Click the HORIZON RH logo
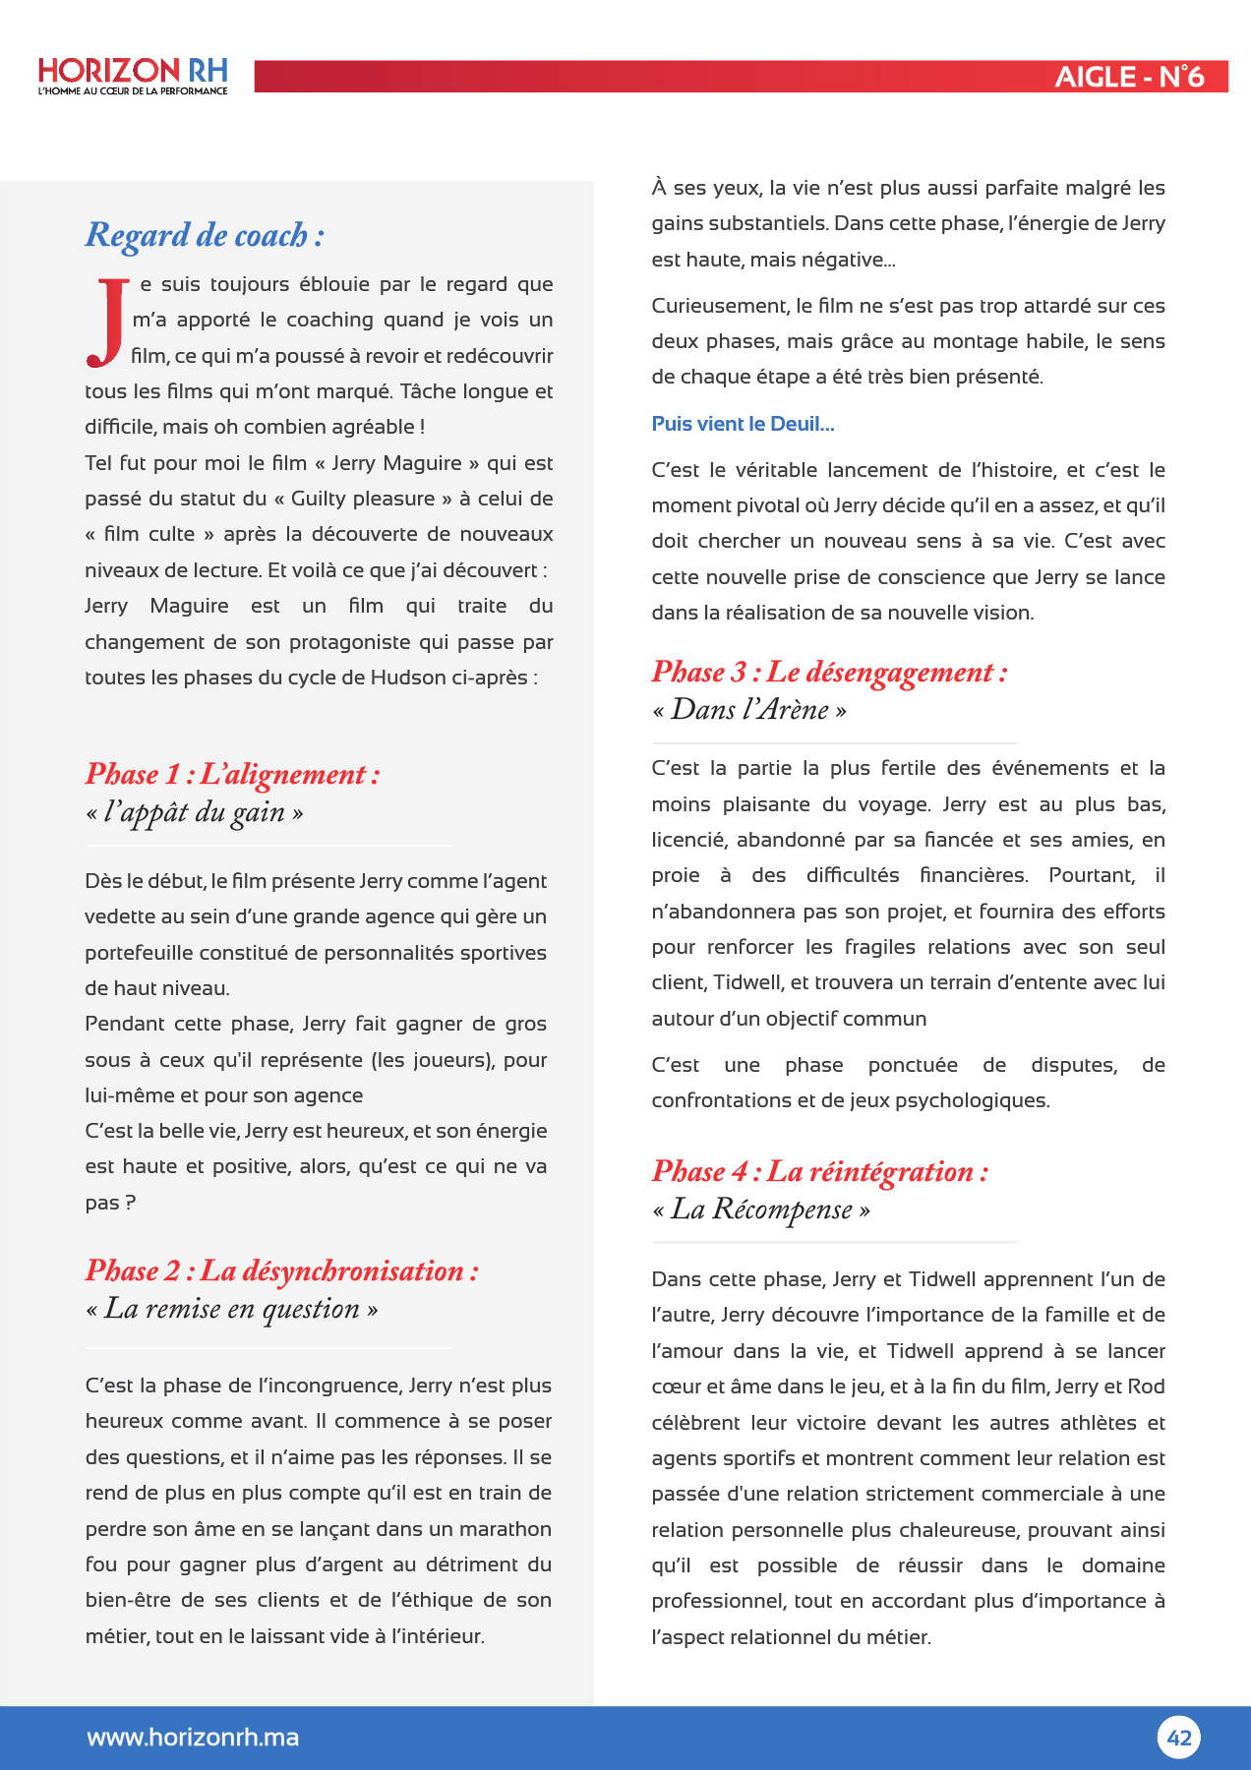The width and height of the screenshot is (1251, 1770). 133,72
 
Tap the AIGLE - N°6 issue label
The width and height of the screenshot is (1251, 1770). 1129,77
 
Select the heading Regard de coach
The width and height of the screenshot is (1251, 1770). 205,236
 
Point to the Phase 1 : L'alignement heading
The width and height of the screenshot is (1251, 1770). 232,775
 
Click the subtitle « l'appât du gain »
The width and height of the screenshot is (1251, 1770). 195,813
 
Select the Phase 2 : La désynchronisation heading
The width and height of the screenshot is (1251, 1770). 282,1271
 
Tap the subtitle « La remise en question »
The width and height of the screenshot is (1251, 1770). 232,1310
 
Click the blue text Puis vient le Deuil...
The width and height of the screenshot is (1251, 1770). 743,424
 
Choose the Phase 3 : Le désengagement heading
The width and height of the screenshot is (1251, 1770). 829,673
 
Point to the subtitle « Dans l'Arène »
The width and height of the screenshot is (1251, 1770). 749,710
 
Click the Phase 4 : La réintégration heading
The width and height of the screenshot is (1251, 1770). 819,1172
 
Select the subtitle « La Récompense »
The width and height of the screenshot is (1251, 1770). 761,1209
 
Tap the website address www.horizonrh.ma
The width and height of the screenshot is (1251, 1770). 193,1738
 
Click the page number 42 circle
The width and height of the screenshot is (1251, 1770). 1178,1738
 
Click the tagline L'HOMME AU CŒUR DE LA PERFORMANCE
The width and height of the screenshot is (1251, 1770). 133,91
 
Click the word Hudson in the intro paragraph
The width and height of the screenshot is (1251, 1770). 408,678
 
